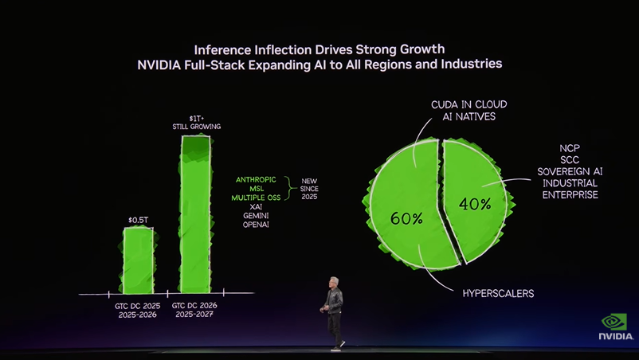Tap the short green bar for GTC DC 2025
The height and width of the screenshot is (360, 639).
pos(138,260)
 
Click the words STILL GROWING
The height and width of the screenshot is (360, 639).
pos(196,127)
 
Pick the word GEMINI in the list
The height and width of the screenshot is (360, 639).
pos(257,216)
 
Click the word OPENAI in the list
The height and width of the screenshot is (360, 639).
pos(257,225)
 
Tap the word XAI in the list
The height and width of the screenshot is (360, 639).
pos(257,206)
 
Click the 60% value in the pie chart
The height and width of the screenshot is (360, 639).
pos(406,218)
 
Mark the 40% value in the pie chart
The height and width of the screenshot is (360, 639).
pos(475,205)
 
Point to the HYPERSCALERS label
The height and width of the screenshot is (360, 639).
pos(498,294)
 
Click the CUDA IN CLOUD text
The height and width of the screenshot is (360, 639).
pos(468,104)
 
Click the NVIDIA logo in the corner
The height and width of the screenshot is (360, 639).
pos(615,327)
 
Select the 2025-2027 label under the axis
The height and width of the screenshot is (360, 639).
pos(194,315)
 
